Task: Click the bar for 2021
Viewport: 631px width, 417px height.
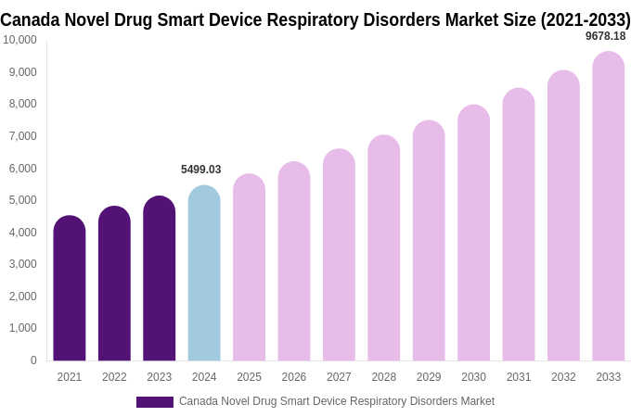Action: click(x=70, y=288)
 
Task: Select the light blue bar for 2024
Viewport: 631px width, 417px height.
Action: click(x=204, y=273)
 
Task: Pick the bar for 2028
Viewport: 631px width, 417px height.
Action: click(x=384, y=248)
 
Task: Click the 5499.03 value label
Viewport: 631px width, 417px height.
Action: click(x=200, y=170)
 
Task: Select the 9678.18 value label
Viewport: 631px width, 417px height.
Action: click(x=605, y=36)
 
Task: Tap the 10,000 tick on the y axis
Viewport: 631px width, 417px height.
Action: click(x=19, y=40)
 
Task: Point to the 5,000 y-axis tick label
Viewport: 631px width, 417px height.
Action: click(x=21, y=200)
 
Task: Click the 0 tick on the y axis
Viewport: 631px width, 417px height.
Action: click(x=33, y=360)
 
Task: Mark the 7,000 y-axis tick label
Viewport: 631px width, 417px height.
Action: click(x=21, y=136)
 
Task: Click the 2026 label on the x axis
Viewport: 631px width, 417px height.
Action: click(x=294, y=377)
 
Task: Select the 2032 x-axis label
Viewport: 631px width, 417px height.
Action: click(x=563, y=377)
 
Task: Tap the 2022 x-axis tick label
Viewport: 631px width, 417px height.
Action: click(x=114, y=377)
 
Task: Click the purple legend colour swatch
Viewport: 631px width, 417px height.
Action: click(x=155, y=402)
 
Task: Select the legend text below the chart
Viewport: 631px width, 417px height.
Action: click(x=337, y=401)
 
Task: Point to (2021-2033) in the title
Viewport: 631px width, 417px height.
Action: click(x=585, y=19)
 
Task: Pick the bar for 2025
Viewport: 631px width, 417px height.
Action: click(x=249, y=268)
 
